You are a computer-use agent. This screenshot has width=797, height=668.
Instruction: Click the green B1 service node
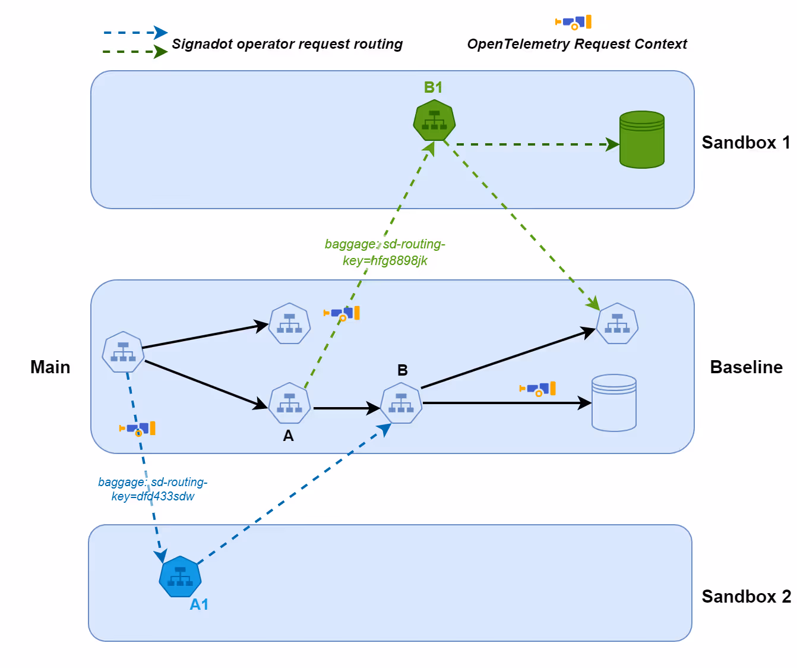434,120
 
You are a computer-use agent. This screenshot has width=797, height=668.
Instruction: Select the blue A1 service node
180,576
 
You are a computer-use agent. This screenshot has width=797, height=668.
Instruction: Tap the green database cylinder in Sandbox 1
642,140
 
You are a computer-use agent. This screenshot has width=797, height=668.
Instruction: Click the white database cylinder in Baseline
613,402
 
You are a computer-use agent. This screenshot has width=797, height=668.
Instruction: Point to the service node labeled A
289,403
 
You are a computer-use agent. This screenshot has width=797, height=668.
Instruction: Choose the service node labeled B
401,403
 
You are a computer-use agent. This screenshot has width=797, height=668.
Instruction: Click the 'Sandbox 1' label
746,143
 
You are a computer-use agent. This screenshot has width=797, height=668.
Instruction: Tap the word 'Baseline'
747,367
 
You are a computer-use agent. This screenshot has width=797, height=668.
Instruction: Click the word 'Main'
50,367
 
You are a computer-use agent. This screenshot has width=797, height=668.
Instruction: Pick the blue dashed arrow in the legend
135,33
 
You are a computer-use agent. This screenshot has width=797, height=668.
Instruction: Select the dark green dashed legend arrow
135,52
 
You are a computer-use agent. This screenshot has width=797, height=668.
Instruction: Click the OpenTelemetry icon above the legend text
573,22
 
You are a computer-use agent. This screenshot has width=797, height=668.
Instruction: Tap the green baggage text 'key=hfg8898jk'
385,260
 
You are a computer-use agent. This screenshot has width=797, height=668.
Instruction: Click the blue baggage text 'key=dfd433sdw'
153,496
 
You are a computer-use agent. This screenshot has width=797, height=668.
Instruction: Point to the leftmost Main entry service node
123,352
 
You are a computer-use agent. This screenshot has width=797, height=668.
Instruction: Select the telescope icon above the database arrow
537,389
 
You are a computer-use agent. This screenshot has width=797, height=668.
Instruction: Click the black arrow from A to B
347,408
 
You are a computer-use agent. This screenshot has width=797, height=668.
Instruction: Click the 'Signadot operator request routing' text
287,45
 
